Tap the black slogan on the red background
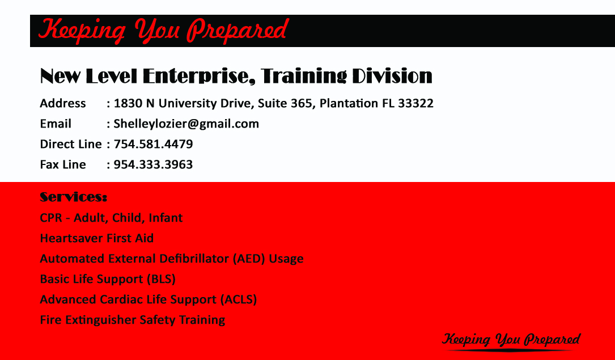click(511, 339)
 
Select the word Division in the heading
click(392, 76)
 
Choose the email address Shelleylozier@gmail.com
click(186, 124)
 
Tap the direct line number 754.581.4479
click(154, 144)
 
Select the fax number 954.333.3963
click(154, 164)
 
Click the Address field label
click(63, 103)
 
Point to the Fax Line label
click(63, 164)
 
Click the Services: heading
click(73, 197)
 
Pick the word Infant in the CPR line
click(166, 218)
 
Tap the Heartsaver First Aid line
click(97, 238)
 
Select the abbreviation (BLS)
click(161, 279)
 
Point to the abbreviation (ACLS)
click(239, 299)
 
